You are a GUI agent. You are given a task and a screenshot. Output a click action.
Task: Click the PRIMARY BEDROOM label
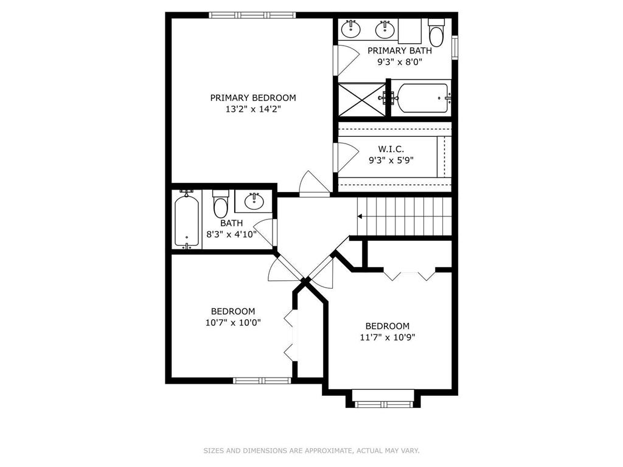253,98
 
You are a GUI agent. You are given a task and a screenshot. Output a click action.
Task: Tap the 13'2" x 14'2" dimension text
253,109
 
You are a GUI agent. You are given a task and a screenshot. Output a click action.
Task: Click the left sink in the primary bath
351,29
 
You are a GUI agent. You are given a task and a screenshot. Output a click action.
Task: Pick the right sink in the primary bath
385,29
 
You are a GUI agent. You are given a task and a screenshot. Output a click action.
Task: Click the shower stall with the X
361,99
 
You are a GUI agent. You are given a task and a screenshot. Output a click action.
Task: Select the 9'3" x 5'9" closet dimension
391,161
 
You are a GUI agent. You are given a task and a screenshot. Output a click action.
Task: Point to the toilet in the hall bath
220,204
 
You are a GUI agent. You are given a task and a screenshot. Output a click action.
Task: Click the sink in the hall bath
254,201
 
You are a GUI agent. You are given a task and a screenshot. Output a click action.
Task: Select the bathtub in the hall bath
187,220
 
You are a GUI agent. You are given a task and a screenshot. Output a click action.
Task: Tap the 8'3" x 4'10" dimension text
232,234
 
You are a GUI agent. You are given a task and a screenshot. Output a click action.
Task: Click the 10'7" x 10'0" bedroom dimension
233,322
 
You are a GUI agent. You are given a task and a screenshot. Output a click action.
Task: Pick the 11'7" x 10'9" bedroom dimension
388,337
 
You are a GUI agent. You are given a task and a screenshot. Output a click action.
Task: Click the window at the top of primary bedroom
252,15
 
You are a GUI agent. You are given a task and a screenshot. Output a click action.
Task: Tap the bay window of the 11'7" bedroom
383,404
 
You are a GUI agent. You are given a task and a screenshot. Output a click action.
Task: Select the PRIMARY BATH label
400,51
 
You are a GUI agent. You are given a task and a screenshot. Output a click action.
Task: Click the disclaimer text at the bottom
311,451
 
